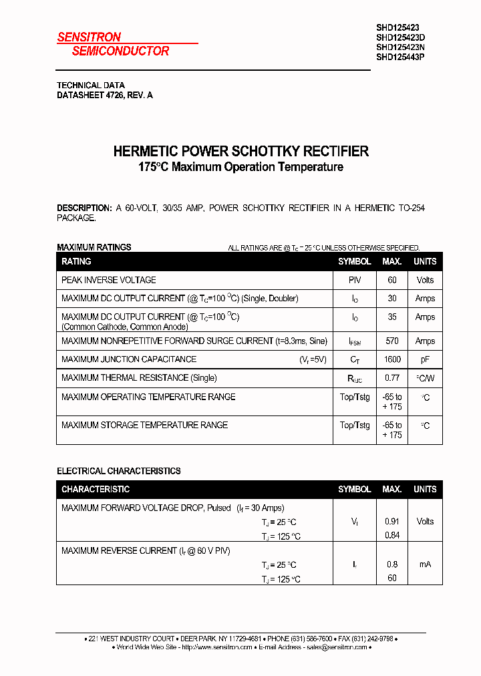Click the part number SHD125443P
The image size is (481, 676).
pyautogui.click(x=400, y=57)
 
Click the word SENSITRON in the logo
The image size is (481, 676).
pyautogui.click(x=89, y=37)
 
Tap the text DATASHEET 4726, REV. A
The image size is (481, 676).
pyautogui.click(x=105, y=95)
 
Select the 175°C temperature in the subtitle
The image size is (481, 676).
pyautogui.click(x=154, y=167)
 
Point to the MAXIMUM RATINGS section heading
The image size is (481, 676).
pyautogui.click(x=94, y=247)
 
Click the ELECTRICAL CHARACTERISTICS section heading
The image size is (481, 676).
pyautogui.click(x=119, y=471)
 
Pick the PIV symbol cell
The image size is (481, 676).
pyautogui.click(x=354, y=280)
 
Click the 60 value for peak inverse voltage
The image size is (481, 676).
pyautogui.click(x=392, y=280)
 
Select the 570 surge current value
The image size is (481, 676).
pyautogui.click(x=392, y=341)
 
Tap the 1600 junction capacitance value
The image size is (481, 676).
pyautogui.click(x=392, y=359)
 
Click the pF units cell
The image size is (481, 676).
pyautogui.click(x=425, y=359)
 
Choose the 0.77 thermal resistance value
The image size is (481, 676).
pyautogui.click(x=392, y=378)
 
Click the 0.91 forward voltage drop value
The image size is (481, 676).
pyautogui.click(x=392, y=522)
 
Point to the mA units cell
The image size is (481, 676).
pyautogui.click(x=425, y=564)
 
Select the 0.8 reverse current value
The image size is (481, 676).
pyautogui.click(x=392, y=564)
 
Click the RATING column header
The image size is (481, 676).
pyautogui.click(x=76, y=261)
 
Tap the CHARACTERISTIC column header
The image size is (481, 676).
pyautogui.click(x=96, y=490)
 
